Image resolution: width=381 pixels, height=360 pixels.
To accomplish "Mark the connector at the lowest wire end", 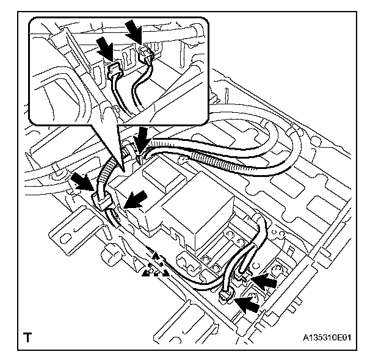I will pyautogui.click(x=226, y=296).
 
